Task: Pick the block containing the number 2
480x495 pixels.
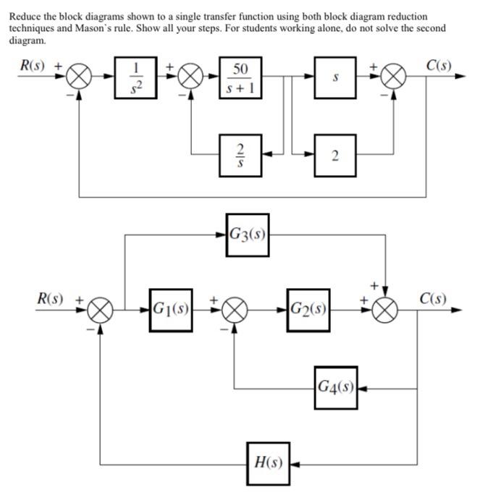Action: [x=334, y=153]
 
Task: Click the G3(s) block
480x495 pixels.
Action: [x=248, y=234]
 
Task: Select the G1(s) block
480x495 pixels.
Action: [x=171, y=310]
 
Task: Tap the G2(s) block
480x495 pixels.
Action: [x=308, y=310]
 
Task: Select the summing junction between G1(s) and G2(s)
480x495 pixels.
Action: [x=234, y=310]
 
